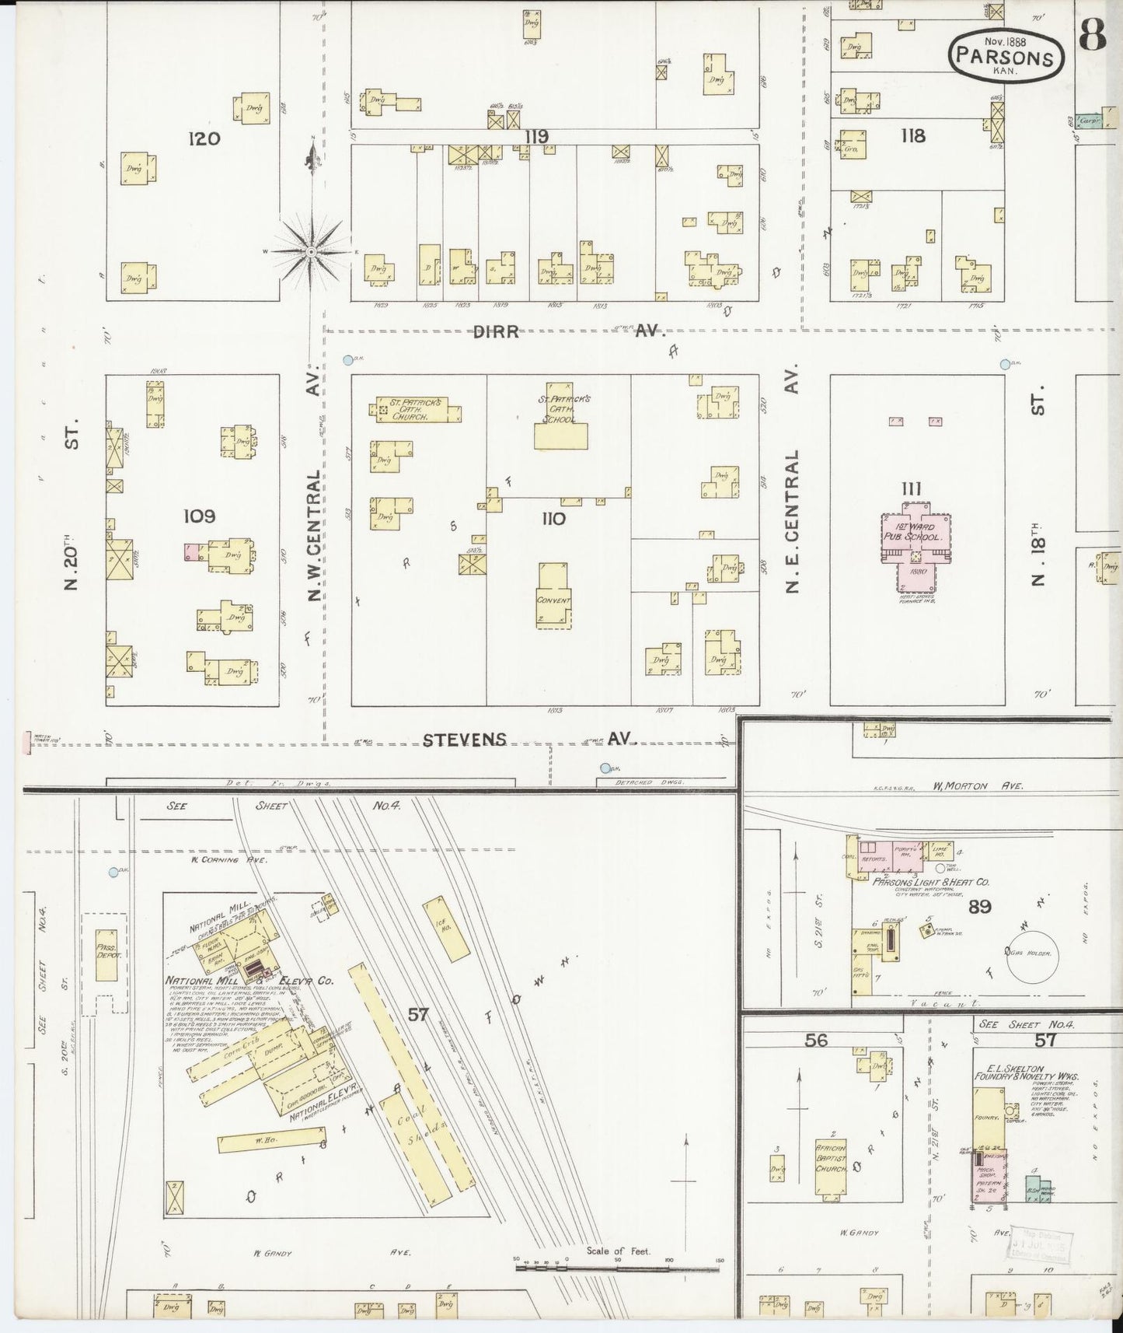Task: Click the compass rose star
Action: [x=311, y=251]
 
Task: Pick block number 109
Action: [x=199, y=516]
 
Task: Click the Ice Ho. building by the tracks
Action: [x=446, y=929]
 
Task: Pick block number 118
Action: [x=913, y=135]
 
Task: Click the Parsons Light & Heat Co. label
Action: [x=929, y=883]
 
